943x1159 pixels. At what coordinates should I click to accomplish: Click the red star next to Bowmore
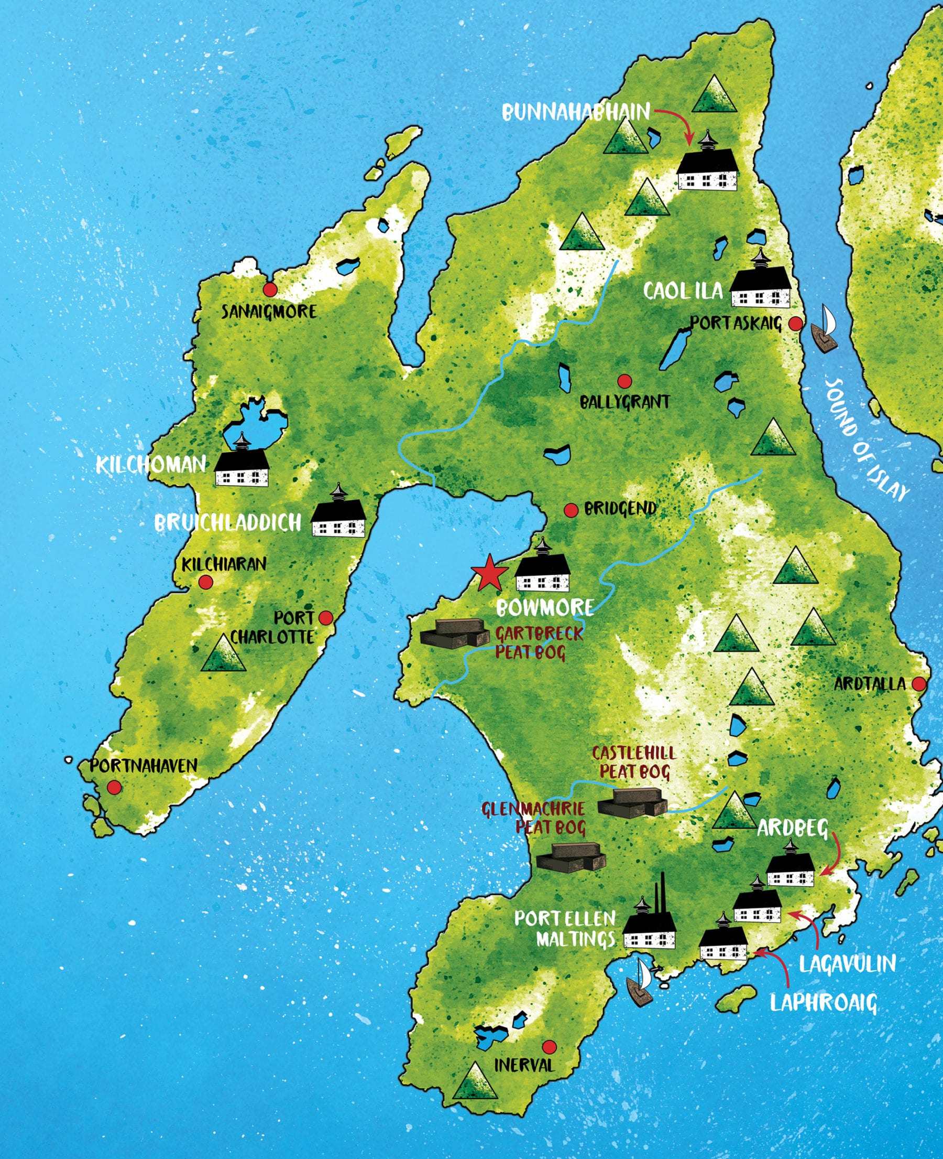[489, 574]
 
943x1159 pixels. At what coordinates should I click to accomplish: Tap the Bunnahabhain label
[575, 112]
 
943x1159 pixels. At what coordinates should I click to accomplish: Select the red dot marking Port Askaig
[795, 324]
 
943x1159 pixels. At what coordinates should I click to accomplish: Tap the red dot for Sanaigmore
[270, 289]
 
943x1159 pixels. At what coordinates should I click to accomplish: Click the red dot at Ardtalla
[918, 684]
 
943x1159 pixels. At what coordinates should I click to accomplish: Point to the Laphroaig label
[824, 1002]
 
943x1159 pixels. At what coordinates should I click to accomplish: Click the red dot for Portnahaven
[114, 787]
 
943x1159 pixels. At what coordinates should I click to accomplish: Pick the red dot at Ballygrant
[624, 381]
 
